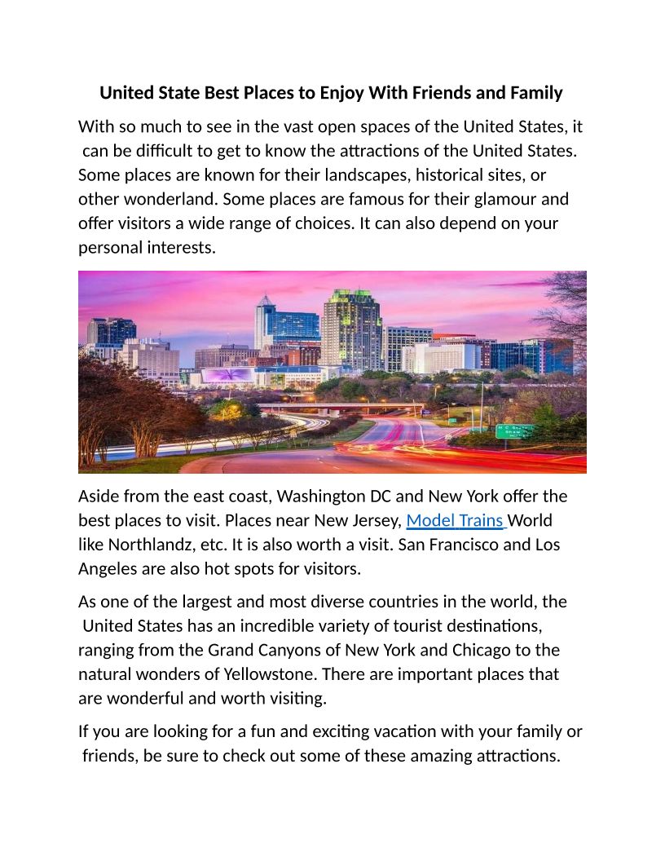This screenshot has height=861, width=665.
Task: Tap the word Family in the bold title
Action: [x=535, y=93]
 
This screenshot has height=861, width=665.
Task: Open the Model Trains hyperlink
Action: [x=455, y=520]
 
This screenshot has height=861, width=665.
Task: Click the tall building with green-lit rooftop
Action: [x=351, y=326]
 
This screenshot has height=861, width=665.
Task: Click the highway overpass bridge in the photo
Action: [x=342, y=406]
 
